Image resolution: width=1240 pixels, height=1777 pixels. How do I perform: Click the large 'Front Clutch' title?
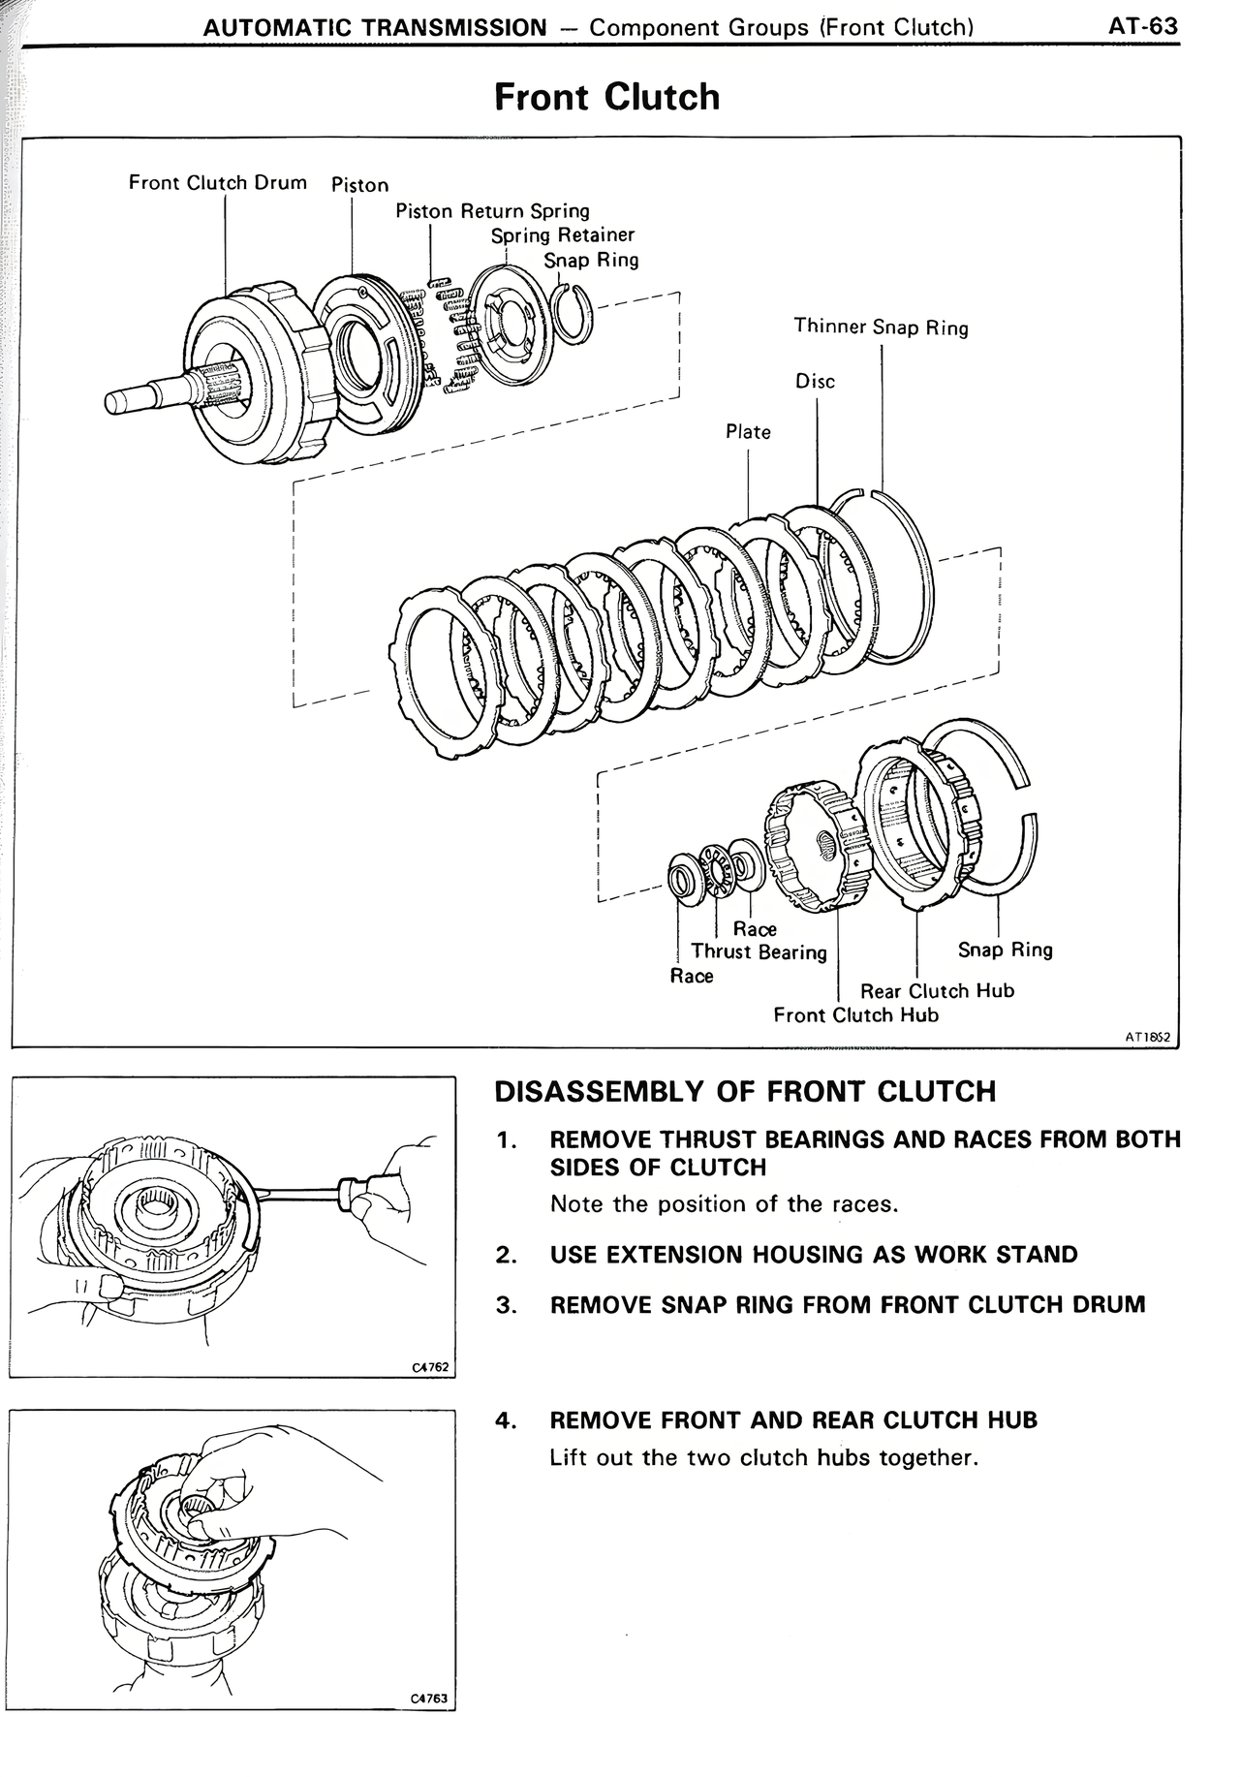click(606, 97)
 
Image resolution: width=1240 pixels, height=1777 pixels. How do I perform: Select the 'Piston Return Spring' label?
click(492, 210)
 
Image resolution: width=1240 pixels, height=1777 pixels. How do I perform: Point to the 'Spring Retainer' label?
click(562, 234)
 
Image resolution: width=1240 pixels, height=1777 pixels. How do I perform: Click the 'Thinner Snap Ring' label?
click(881, 327)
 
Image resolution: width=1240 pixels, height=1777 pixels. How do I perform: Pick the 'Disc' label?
click(815, 381)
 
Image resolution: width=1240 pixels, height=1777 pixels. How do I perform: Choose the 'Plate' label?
click(748, 431)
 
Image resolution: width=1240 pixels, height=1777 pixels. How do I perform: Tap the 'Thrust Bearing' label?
click(759, 951)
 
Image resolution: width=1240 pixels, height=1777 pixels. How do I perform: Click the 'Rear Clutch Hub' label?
click(937, 990)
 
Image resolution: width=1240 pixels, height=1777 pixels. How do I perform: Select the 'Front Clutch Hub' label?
click(855, 1014)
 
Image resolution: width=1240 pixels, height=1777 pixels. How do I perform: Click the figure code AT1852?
click(1147, 1036)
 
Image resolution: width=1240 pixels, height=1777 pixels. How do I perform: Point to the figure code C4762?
click(430, 1367)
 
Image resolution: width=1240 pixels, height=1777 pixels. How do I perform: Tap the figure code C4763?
click(430, 1699)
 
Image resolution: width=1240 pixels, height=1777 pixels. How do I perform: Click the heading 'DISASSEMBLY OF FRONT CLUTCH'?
click(744, 1091)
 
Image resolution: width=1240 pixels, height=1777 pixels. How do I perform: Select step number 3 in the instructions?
click(504, 1304)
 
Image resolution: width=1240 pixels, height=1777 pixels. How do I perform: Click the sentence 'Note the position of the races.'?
click(724, 1203)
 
